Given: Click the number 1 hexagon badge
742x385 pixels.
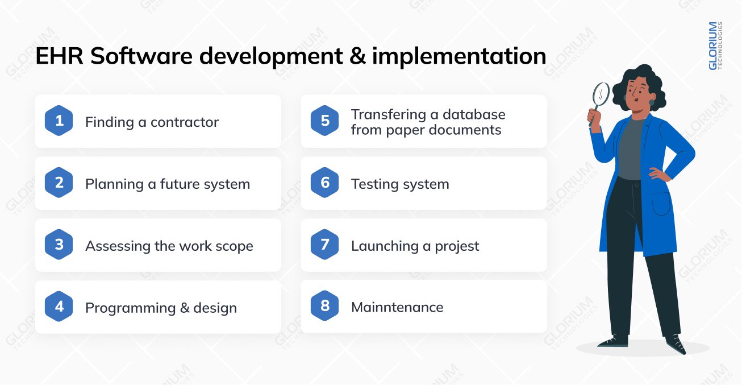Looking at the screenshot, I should pyautogui.click(x=59, y=121).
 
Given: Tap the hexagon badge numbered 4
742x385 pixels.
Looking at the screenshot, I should pyautogui.click(x=59, y=307).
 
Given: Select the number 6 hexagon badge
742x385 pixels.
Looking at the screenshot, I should pyautogui.click(x=325, y=183).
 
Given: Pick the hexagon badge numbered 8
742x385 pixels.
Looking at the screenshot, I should pyautogui.click(x=325, y=307).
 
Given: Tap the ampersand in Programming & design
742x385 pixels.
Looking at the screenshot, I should pyautogui.click(x=185, y=308).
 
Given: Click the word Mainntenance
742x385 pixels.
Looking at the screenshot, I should pyautogui.click(x=397, y=307).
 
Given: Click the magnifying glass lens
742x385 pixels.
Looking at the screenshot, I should pyautogui.click(x=601, y=94).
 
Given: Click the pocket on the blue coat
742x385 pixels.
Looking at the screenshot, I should pyautogui.click(x=661, y=203).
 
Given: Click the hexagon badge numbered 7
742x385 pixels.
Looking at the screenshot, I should pyautogui.click(x=325, y=245).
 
